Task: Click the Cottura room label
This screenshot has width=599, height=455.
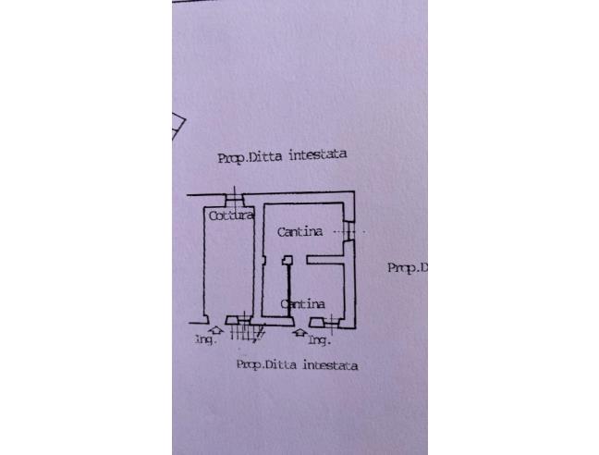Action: tap(230, 216)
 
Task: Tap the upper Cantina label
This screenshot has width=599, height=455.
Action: tap(299, 232)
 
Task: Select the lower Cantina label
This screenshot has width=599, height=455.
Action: tap(302, 303)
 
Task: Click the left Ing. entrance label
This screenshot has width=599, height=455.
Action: tap(204, 339)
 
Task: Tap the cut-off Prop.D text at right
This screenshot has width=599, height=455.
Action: tap(407, 268)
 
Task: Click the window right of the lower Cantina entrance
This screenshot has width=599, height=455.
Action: tap(330, 321)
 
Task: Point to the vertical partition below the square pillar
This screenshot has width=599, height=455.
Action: tap(288, 292)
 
